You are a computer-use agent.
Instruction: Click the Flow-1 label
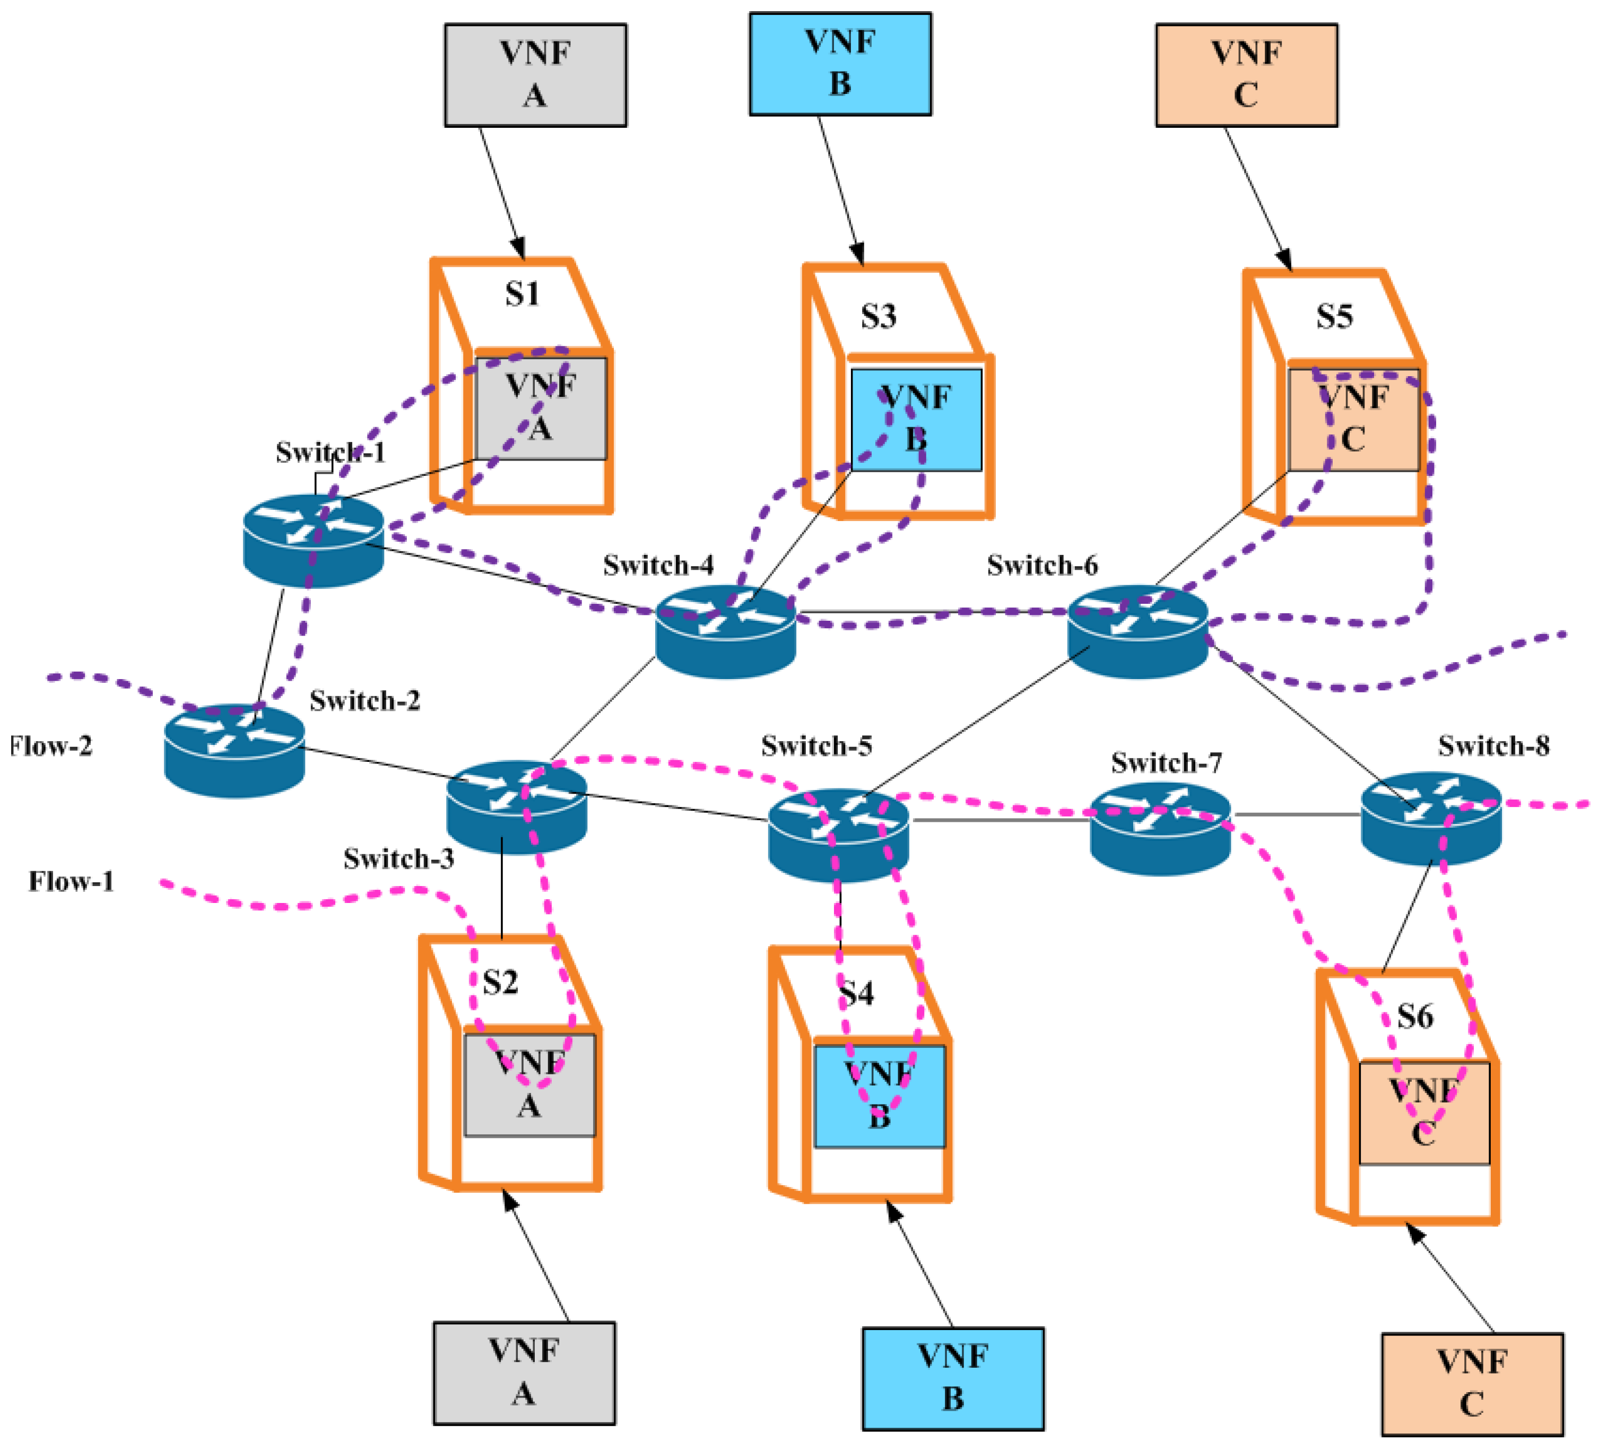tap(72, 881)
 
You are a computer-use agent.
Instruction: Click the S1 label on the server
tap(522, 294)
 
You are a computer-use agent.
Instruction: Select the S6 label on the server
tap(1415, 1016)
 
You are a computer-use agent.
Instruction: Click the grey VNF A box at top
tap(535, 75)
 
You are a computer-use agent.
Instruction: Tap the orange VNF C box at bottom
tap(1472, 1384)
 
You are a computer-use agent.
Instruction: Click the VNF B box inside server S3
tap(916, 420)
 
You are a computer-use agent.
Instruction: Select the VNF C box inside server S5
tap(1353, 420)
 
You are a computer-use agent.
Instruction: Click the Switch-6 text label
tap(1042, 566)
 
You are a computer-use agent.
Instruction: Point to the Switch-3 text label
tap(399, 858)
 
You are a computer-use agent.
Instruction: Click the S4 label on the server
tap(857, 993)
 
